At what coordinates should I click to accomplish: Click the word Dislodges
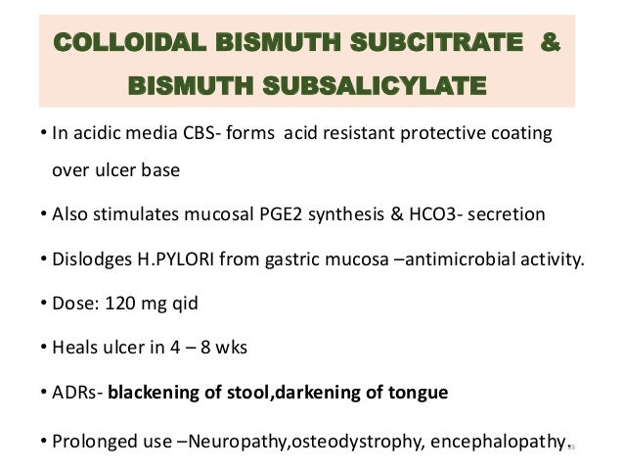(x=89, y=260)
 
